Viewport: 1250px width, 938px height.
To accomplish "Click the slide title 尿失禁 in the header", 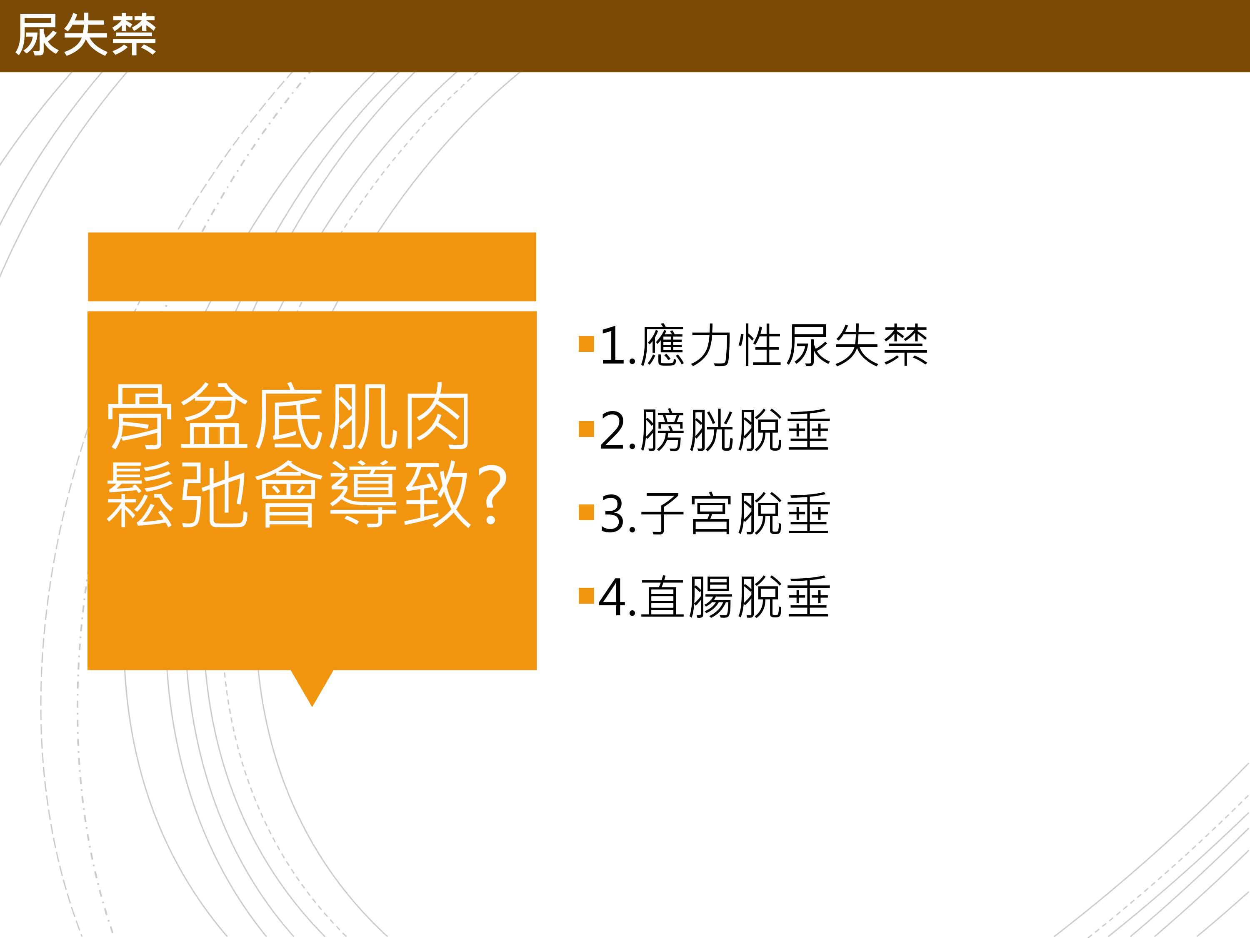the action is [86, 35].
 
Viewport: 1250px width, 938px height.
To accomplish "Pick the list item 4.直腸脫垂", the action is [714, 597].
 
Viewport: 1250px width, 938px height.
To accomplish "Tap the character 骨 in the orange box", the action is [140, 417].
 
